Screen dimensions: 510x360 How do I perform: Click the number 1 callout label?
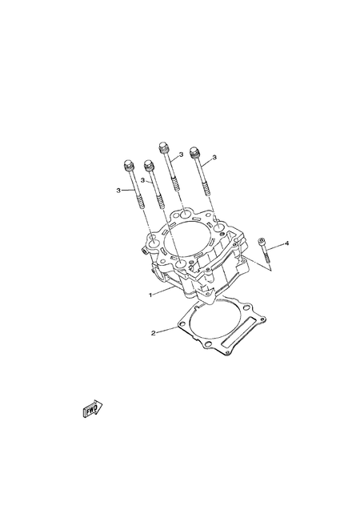[150, 295]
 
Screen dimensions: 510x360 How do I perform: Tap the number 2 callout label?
[154, 331]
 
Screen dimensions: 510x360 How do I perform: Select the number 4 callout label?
[287, 243]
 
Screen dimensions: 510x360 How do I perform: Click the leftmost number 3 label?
[118, 191]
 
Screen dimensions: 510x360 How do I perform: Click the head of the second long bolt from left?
[148, 166]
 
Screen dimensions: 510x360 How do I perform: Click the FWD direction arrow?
[93, 409]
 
